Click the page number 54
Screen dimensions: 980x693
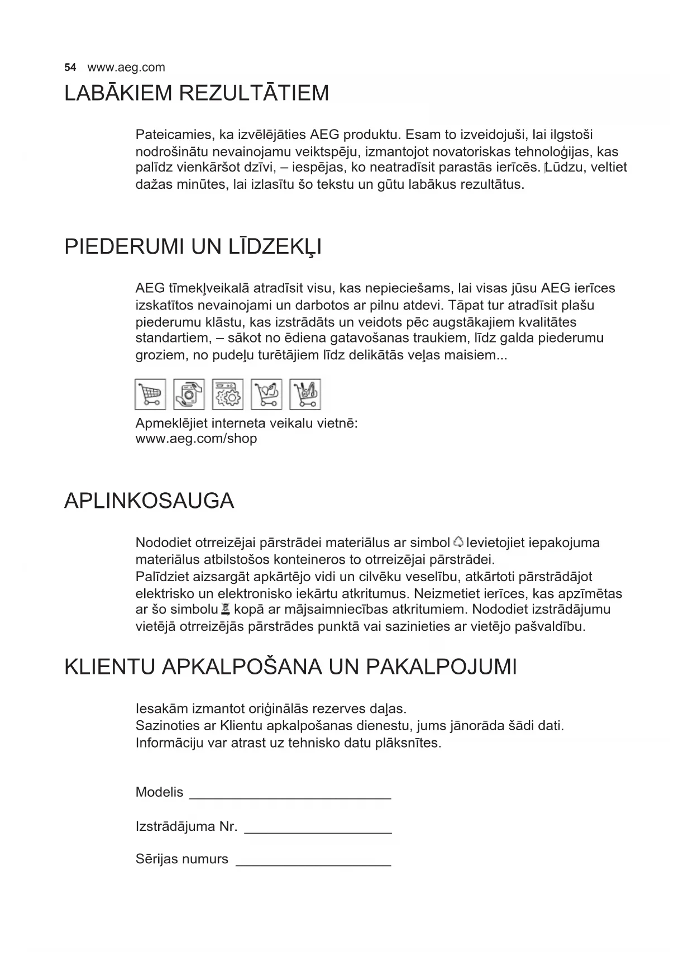70,68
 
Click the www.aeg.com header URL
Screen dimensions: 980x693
126,68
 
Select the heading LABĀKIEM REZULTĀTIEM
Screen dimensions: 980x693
197,93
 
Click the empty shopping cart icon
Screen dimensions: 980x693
150,394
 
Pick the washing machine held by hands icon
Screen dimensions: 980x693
189,394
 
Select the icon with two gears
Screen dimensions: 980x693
228,394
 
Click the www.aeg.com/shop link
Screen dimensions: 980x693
196,439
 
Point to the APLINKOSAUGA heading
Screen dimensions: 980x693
149,501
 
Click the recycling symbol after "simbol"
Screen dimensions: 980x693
458,542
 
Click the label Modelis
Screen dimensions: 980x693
159,792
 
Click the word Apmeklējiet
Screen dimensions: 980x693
169,423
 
